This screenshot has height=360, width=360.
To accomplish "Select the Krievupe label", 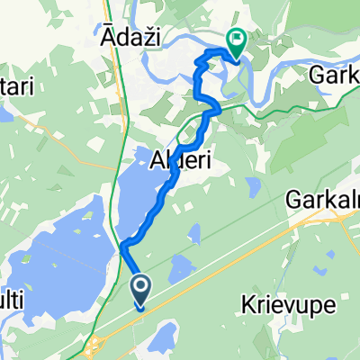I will [289, 307].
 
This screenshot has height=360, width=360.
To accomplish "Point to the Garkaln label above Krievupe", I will [321, 199].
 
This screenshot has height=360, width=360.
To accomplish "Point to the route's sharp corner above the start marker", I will [121, 245].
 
